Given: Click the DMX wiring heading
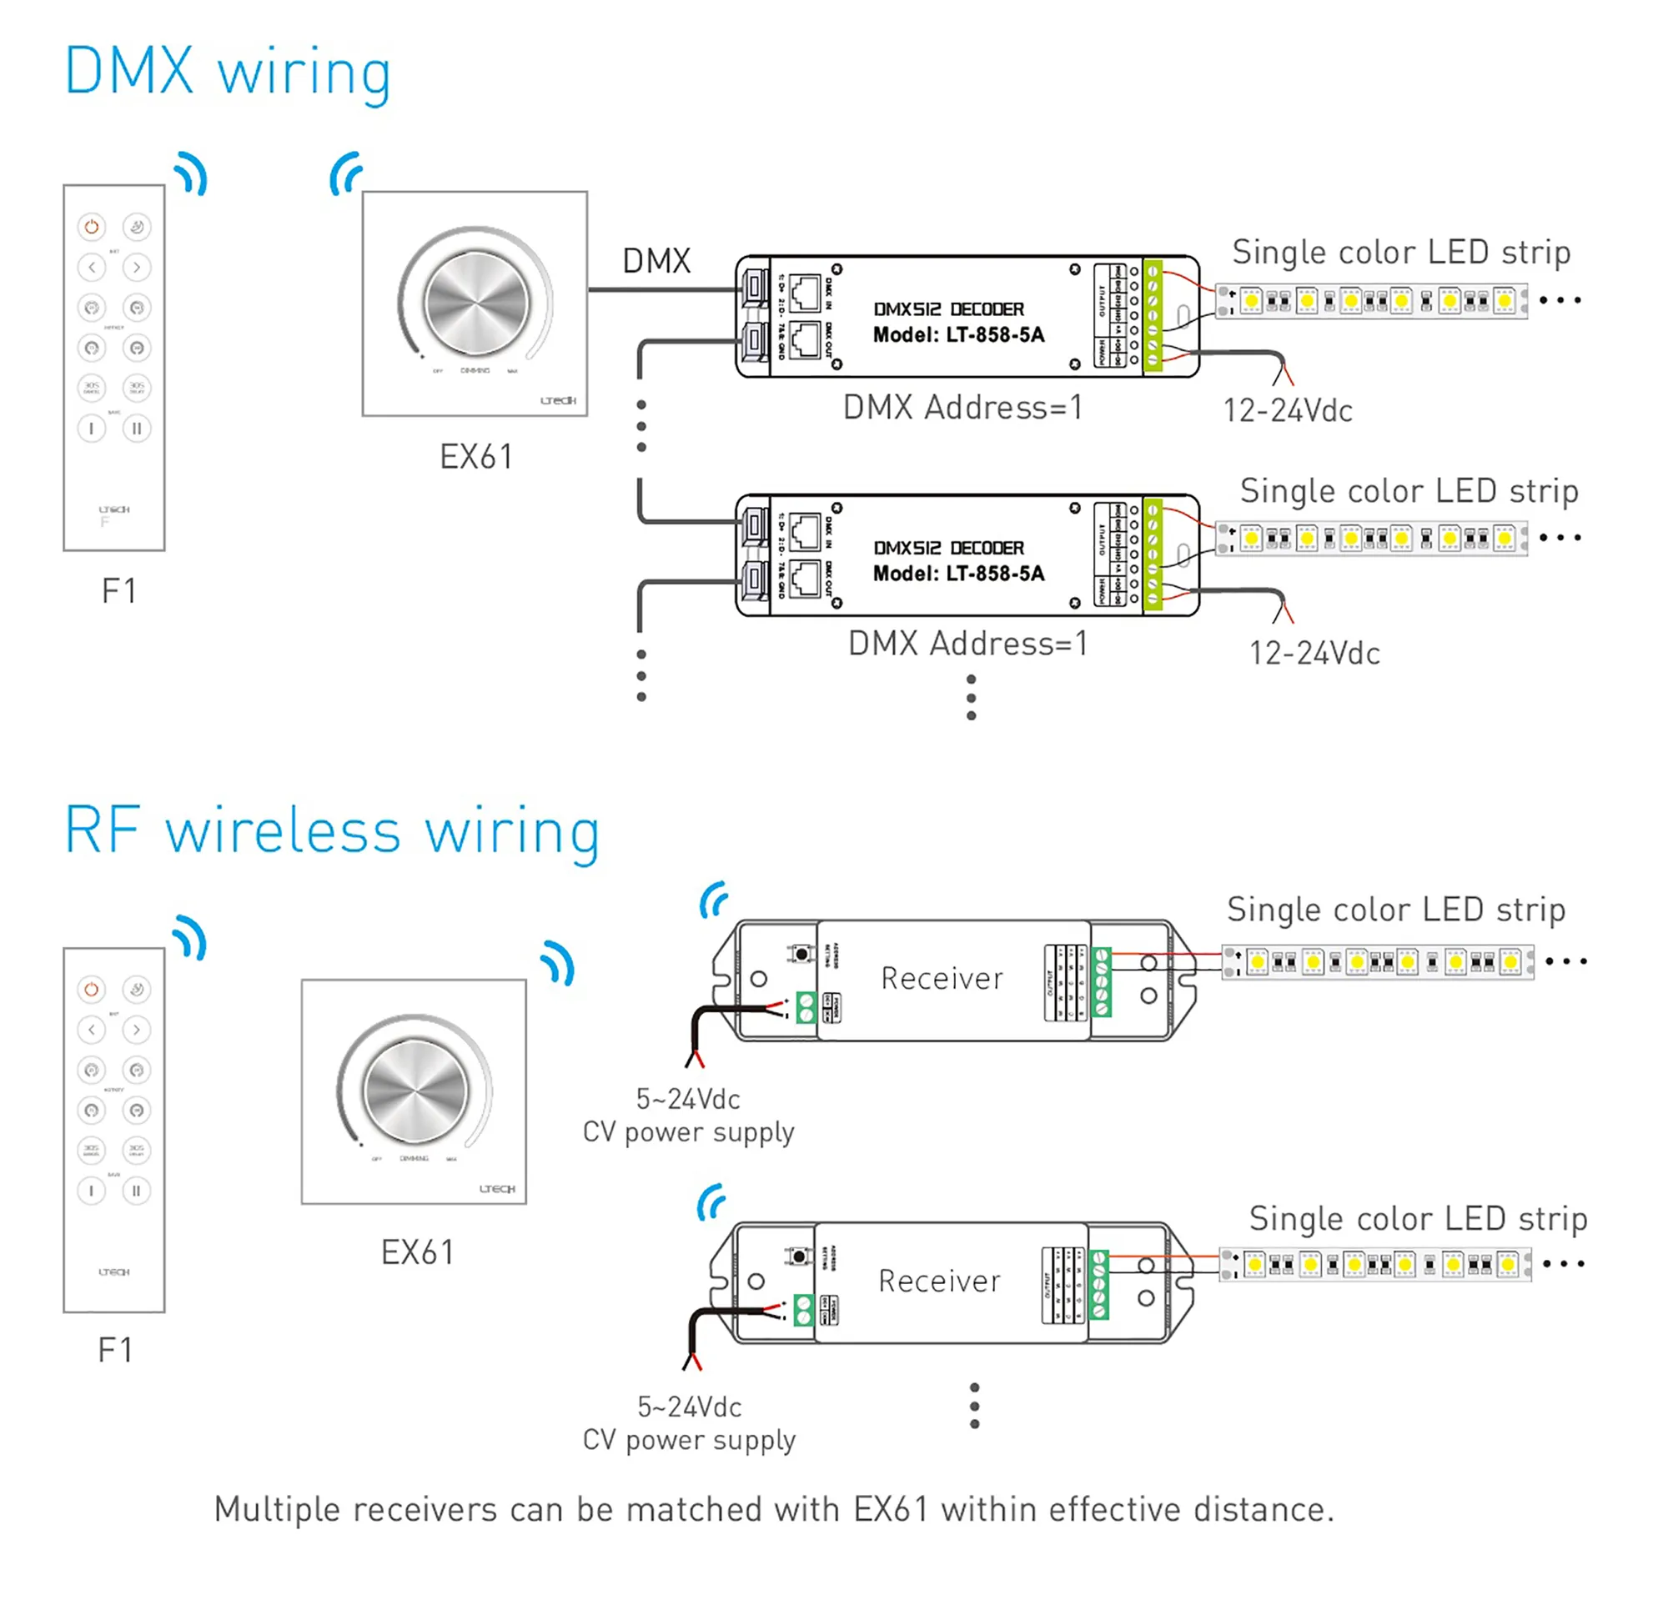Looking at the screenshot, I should click(227, 73).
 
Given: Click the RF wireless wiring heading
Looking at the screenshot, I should click(332, 831).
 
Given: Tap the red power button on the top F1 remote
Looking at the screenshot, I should click(92, 227).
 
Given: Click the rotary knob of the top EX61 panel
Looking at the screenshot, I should click(476, 302).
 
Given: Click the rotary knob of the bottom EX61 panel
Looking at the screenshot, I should click(415, 1091).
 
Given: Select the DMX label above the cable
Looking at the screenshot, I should click(656, 261).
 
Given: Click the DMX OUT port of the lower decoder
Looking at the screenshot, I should click(805, 579).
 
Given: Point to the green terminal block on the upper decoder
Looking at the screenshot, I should click(1153, 316).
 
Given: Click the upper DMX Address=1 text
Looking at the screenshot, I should click(962, 408).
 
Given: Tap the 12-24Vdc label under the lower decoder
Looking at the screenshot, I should click(1314, 654).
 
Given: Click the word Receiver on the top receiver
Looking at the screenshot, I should click(942, 979).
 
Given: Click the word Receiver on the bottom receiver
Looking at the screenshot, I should click(940, 1281).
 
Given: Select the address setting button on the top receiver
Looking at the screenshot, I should click(801, 955).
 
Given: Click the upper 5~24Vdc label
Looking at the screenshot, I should click(687, 1100).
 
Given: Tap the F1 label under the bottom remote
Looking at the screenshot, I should click(116, 1351).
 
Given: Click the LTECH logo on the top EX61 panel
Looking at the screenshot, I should click(558, 400).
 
